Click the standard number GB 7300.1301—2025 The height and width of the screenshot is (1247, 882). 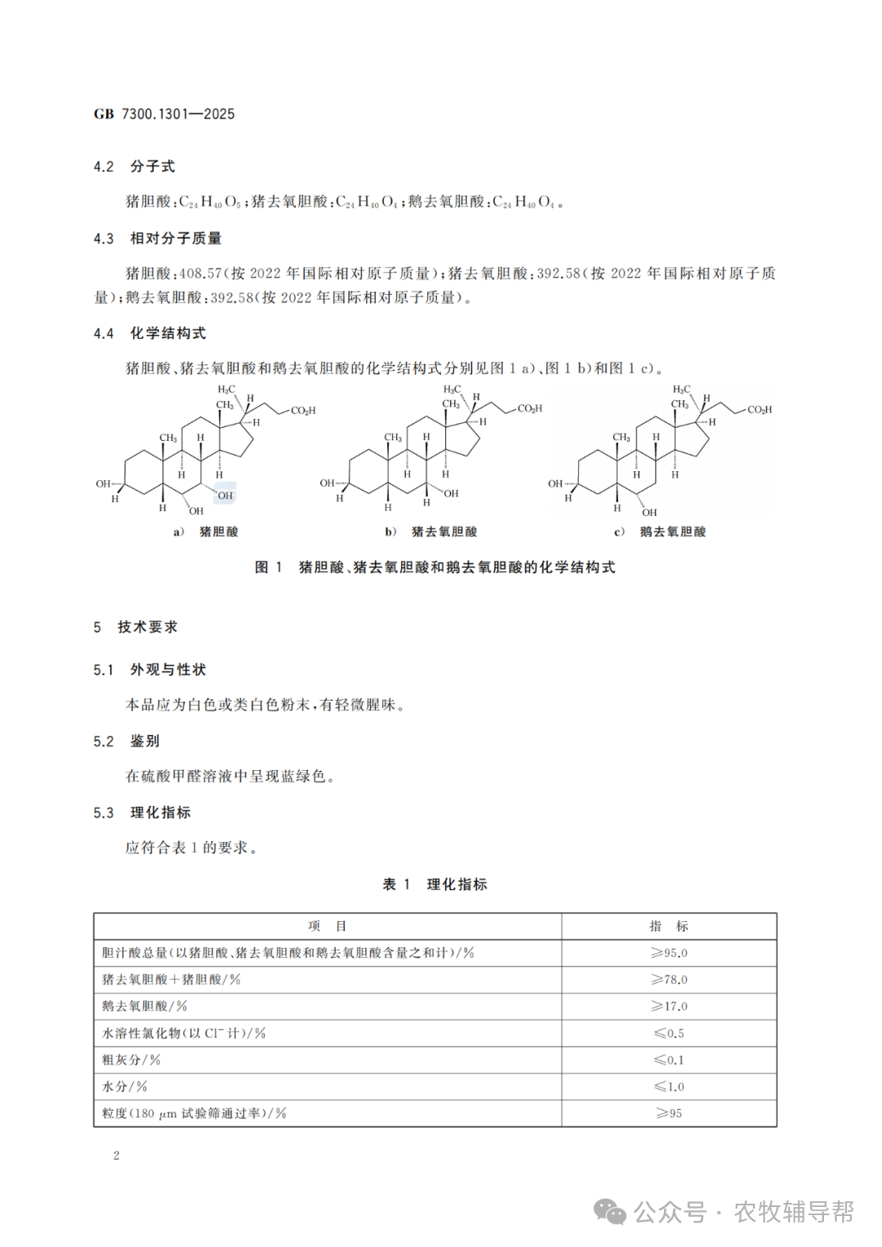click(x=164, y=114)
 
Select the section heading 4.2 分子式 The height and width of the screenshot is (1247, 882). click(x=134, y=167)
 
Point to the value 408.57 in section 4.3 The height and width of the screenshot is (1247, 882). click(x=200, y=274)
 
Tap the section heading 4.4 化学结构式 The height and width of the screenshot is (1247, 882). click(x=149, y=333)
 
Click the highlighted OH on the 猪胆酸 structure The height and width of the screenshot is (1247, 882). click(x=225, y=495)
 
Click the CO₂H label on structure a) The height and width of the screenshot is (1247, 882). click(x=303, y=411)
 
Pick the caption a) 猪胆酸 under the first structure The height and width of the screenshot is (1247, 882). click(x=206, y=532)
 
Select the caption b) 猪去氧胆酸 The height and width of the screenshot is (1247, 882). click(x=431, y=532)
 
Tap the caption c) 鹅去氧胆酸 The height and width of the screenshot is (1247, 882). click(x=660, y=532)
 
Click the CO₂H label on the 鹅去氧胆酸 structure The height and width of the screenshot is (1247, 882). click(x=759, y=410)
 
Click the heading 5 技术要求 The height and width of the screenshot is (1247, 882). click(x=136, y=627)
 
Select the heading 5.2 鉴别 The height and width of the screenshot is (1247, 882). click(x=127, y=742)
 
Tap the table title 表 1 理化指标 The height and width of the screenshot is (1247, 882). click(x=434, y=884)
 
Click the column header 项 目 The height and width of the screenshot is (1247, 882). click(x=327, y=926)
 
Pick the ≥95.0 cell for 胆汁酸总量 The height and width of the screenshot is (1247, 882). click(x=669, y=953)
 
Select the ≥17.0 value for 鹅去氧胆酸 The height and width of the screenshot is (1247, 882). click(x=669, y=1006)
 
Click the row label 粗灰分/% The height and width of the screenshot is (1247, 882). click(x=131, y=1060)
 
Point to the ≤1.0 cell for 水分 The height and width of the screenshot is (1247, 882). click(x=669, y=1087)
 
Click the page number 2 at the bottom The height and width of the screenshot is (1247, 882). click(x=117, y=1156)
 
